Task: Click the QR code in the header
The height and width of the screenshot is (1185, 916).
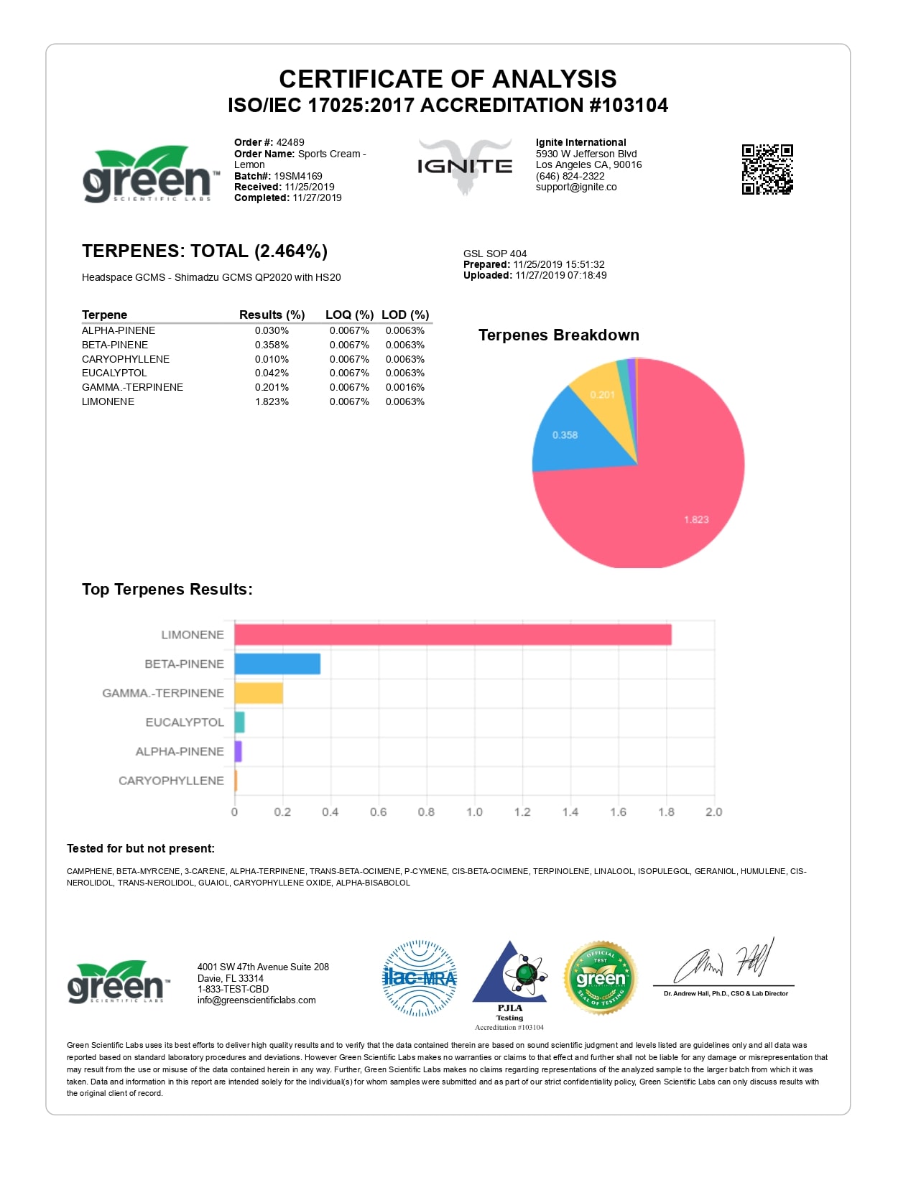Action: pos(767,169)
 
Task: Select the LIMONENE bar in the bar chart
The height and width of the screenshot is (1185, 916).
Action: pos(453,635)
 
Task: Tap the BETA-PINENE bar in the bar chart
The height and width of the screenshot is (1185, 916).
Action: pos(277,664)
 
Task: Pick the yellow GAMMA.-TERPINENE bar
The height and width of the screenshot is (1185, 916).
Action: pos(259,693)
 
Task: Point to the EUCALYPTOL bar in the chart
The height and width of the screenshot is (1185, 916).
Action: pos(240,722)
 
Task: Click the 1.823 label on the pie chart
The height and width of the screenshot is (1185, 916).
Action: pos(695,519)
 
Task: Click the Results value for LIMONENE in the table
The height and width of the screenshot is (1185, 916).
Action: pos(272,401)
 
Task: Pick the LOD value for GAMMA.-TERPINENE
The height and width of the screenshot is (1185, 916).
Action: pos(404,387)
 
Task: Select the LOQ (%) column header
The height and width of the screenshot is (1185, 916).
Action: pos(349,315)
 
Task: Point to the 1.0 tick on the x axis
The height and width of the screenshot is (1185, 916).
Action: pos(474,812)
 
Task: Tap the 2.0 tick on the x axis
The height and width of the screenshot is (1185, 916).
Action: pos(713,812)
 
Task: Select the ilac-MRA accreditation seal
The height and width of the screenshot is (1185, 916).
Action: pos(420,978)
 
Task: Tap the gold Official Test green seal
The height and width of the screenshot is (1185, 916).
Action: pos(601,978)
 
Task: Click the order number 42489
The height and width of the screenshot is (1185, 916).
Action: pos(290,142)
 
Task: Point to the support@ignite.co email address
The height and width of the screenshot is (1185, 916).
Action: pos(576,187)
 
